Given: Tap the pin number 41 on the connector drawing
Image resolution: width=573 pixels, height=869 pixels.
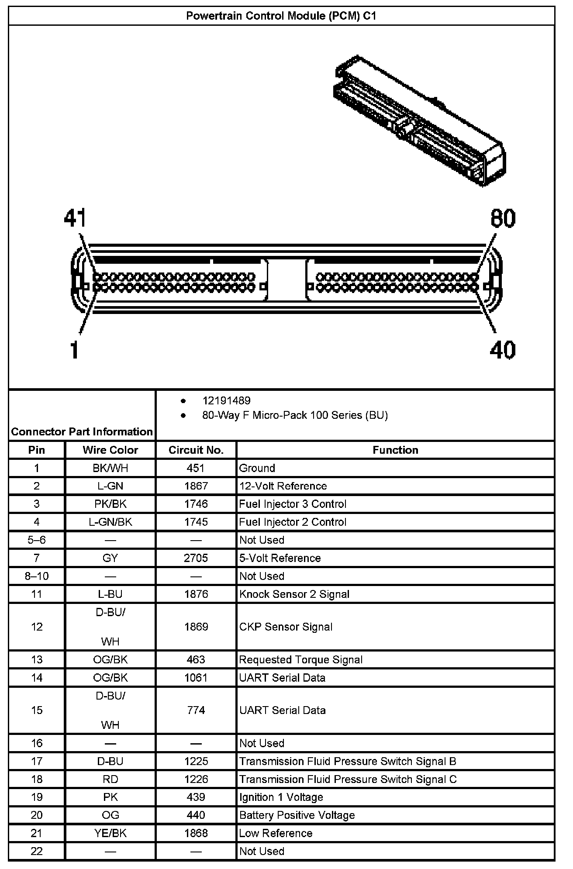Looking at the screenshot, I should point(75,218).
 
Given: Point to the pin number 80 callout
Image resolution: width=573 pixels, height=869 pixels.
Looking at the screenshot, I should point(503,218).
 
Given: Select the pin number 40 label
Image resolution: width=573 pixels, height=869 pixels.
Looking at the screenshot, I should point(502,350).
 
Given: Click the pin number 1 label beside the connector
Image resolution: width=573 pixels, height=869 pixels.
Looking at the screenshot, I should point(75,350).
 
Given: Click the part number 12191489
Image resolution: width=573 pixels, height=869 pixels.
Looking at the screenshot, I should point(226,400).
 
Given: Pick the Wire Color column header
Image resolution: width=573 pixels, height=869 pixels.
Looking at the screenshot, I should point(110,450).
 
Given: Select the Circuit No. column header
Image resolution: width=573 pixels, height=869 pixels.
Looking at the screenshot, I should point(196,450).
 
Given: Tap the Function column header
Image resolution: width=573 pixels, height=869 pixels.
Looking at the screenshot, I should point(395,450).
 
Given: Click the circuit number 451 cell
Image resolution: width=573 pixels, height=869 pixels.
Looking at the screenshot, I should point(196,468).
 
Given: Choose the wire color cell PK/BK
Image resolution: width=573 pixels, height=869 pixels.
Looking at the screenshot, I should point(110,504).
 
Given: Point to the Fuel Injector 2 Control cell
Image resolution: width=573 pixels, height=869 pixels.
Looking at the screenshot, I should point(293,522).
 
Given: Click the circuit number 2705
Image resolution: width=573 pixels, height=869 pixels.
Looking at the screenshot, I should point(196,558).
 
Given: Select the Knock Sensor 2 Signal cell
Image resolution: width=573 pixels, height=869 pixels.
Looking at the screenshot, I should point(294,594).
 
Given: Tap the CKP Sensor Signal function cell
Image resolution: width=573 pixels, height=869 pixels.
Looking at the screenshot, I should point(286,627).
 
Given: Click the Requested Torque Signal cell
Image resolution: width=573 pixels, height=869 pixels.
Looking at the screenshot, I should point(301,659).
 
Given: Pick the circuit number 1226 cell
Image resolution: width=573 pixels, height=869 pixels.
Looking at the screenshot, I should point(196,779).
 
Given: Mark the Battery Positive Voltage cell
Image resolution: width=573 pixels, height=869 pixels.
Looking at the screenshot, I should point(297,815).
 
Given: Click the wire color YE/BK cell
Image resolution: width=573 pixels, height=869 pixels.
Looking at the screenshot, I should point(110,833).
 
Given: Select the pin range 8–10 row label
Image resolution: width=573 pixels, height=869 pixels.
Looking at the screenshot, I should point(37,576).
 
